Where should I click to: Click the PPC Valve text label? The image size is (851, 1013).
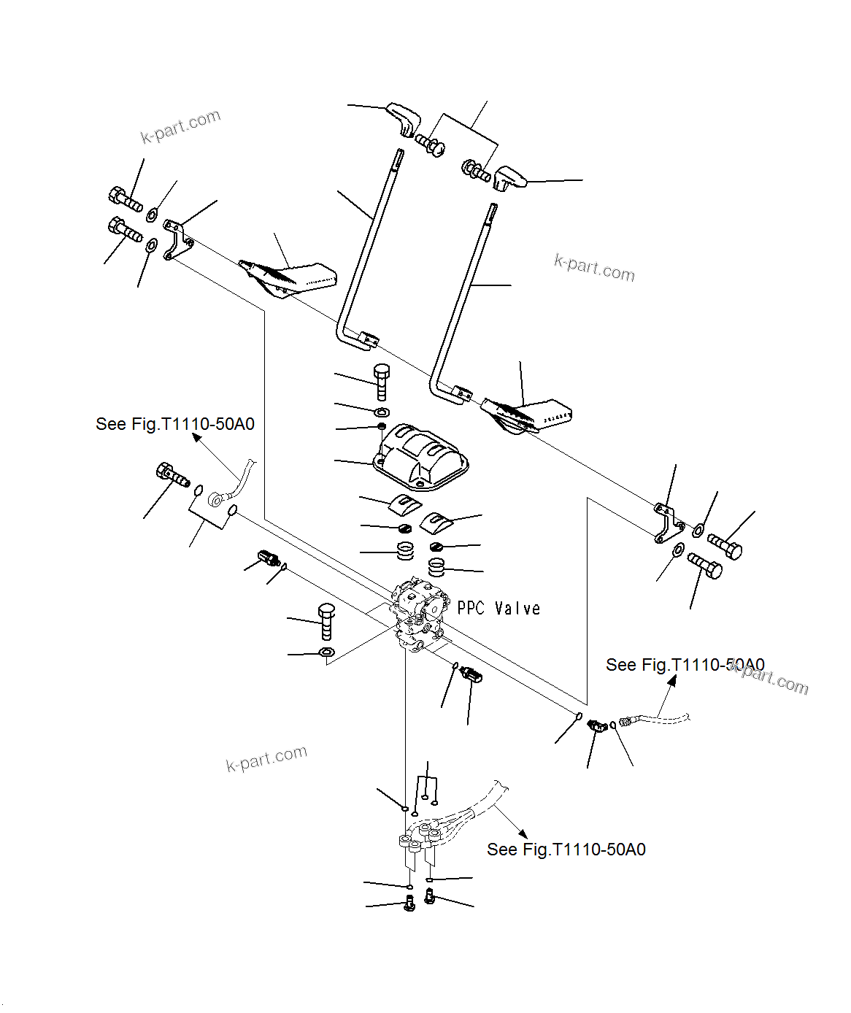coord(498,609)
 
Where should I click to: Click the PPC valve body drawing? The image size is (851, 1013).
coord(418,613)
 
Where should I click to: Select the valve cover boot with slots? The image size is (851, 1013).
coord(420,455)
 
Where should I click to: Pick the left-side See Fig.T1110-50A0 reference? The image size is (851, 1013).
coord(175,424)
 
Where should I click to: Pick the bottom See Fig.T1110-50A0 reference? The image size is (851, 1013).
coord(566,850)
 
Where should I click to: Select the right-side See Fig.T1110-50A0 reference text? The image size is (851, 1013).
coord(685,665)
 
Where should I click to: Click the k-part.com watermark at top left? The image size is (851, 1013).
coord(180,126)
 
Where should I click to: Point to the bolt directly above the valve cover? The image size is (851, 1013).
coord(382,381)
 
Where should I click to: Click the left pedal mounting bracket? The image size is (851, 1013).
coord(176,239)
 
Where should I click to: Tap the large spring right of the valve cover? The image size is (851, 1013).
coord(436,566)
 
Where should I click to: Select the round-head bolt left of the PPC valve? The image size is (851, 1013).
coord(326,622)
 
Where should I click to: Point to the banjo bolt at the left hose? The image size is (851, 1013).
coord(172,475)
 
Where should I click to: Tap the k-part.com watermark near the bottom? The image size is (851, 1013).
coord(266,758)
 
